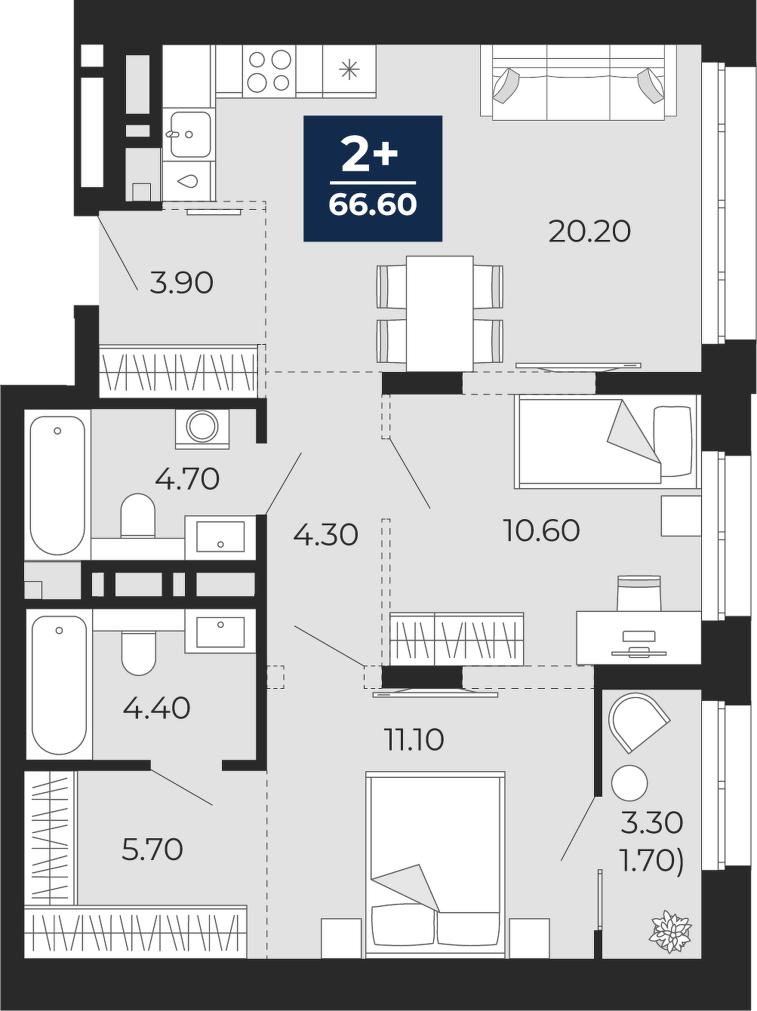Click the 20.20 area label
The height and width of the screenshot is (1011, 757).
coord(589,232)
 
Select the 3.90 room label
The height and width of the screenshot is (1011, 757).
coord(182,283)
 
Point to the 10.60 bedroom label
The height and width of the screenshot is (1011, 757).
coord(541,530)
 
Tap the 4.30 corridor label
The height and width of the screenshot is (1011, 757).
coord(326,535)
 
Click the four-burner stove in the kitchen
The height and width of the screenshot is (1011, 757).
coord(269,71)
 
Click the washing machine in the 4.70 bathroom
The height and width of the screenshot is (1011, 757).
coord(202,429)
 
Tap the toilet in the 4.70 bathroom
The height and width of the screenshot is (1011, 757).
coord(138,515)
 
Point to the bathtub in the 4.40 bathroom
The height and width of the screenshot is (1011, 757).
coord(59,684)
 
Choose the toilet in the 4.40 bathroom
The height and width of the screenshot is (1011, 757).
coord(139,653)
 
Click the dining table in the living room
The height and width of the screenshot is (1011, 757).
coord(440,314)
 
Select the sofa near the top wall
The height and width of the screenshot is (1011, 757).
coord(578,82)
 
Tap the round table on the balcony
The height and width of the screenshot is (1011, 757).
coord(629,783)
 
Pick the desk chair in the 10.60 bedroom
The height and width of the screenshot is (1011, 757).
coord(639,594)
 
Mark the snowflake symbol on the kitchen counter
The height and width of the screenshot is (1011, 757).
coord(349,69)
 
